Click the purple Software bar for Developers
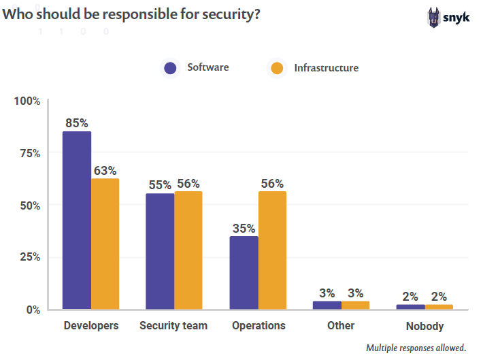[77, 220]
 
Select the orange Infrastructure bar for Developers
[105, 244]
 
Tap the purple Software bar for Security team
[160, 251]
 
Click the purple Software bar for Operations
[244, 272]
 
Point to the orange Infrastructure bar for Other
[355, 306]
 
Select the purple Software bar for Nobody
[410, 307]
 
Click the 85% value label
[77, 123]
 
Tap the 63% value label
[105, 170]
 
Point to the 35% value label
[244, 228]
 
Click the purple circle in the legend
[170, 68]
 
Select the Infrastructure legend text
[326, 68]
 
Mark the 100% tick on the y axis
[28, 101]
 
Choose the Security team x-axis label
[173, 326]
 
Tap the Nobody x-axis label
[425, 326]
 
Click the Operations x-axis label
[259, 326]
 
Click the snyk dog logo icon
[433, 16]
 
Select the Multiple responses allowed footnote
[416, 348]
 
